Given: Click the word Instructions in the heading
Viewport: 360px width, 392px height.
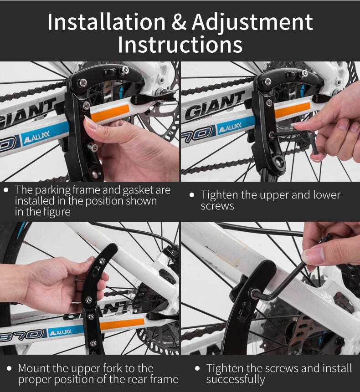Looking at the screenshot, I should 180,45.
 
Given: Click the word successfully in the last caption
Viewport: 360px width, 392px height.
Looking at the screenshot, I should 236,379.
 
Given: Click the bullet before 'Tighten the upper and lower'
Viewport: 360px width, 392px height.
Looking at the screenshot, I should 192,195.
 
